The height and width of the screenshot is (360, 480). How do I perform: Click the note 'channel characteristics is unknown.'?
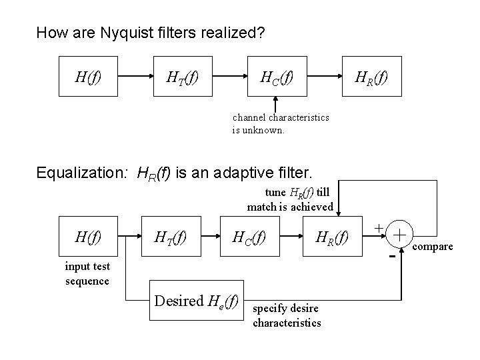280,124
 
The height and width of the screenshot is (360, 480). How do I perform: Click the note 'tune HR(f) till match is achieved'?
290,200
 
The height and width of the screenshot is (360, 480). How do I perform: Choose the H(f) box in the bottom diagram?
89,236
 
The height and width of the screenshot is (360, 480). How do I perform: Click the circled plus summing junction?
399,235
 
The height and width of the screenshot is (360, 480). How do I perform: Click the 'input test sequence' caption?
87,274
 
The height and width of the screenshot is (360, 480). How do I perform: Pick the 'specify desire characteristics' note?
287,316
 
